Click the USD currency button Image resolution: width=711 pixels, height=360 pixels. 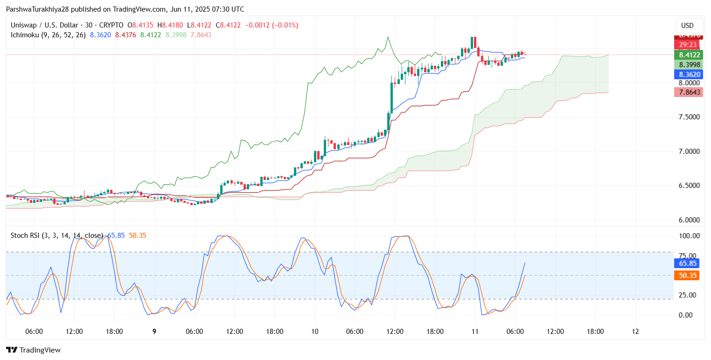pos(688,25)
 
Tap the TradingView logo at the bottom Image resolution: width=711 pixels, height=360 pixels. pos(34,350)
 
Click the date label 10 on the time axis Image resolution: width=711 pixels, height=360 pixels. pos(315,332)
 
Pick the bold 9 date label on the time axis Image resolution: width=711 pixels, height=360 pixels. pos(154,332)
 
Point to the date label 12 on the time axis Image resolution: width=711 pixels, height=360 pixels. pos(635,332)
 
